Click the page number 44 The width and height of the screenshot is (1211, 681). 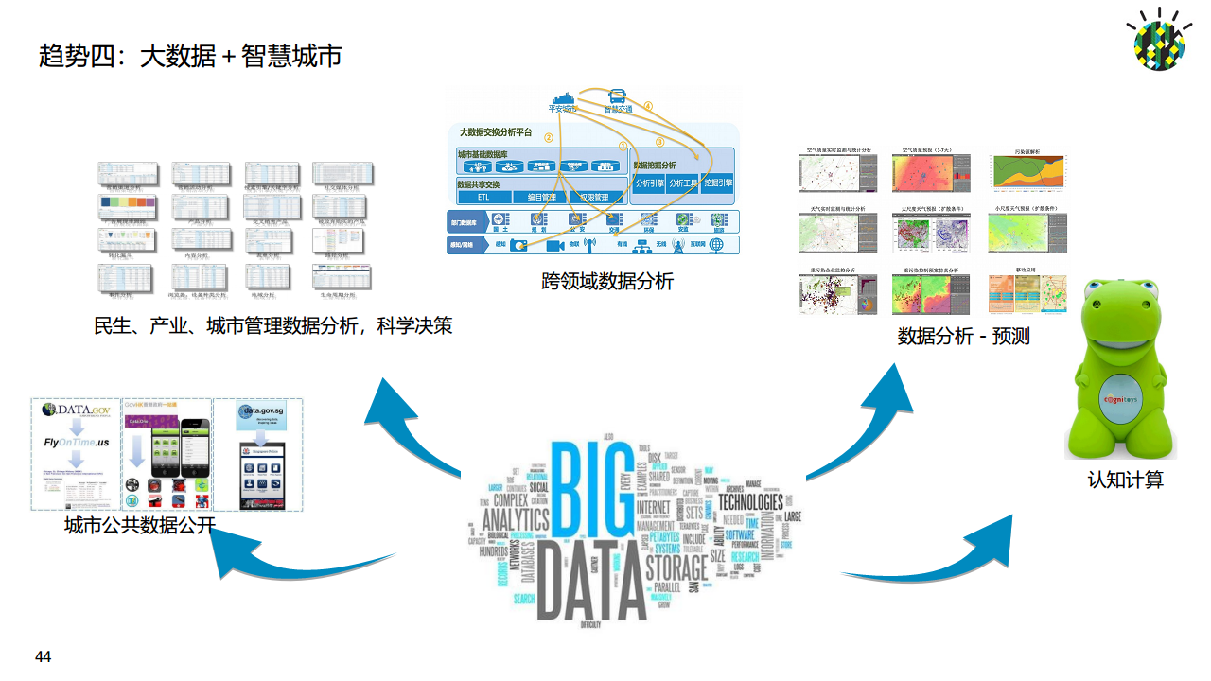43,656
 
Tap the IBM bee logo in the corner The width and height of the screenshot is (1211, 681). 1159,41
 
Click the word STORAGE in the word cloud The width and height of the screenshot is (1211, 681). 676,567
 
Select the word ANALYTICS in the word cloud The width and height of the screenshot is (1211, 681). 516,519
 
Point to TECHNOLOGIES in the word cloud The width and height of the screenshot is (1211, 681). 750,501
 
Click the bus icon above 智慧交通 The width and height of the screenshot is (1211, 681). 618,96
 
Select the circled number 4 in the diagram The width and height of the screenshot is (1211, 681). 648,106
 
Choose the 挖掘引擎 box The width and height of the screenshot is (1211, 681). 718,183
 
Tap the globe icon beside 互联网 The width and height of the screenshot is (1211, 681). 717,245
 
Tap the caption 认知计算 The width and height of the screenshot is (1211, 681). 1125,480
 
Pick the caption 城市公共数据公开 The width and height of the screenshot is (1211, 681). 140,526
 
